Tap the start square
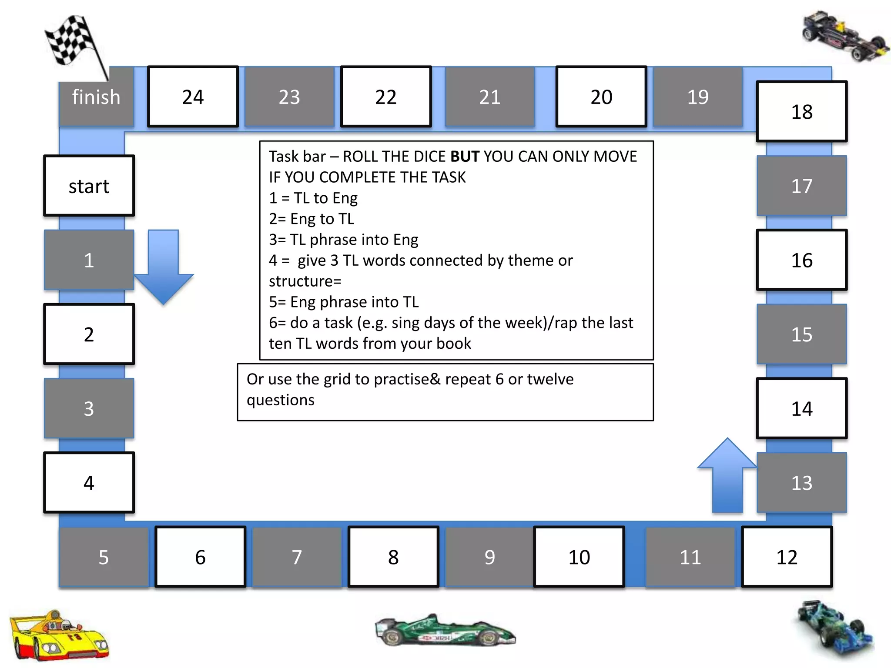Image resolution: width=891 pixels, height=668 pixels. point(89,186)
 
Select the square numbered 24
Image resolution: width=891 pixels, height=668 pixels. point(193,97)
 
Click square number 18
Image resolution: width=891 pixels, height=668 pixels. point(801,112)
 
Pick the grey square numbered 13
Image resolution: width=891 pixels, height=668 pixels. point(801,483)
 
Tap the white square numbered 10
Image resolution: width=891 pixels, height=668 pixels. point(579,557)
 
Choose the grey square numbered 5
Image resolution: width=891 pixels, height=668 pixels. point(104,557)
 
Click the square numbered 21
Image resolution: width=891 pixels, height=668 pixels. point(490,97)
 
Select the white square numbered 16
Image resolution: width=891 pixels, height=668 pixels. point(801,260)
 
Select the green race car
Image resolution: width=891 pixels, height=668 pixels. point(445,631)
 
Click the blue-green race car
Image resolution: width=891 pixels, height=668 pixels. point(833,629)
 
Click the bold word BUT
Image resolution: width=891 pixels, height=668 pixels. point(465,157)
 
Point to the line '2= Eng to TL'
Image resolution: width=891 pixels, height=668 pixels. point(312,219)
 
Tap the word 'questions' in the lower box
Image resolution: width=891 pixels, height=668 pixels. point(281,400)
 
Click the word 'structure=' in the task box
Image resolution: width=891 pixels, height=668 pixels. point(305,281)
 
